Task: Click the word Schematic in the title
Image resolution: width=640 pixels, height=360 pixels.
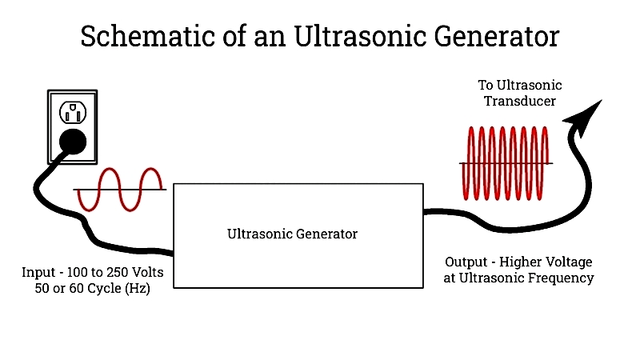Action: pyautogui.click(x=148, y=36)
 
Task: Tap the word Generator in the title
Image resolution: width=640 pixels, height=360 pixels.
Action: pyautogui.click(x=496, y=36)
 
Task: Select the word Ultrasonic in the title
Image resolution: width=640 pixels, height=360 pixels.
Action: pyautogui.click(x=361, y=36)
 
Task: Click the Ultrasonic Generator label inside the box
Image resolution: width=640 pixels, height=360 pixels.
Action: pyautogui.click(x=292, y=234)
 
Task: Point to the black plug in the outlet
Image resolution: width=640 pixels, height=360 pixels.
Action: pyautogui.click(x=73, y=142)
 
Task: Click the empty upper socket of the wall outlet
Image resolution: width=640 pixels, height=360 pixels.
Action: pyautogui.click(x=73, y=112)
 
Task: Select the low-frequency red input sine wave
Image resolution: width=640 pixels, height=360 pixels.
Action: pyautogui.click(x=120, y=190)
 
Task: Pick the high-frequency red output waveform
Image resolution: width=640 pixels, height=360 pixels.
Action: pyautogui.click(x=506, y=163)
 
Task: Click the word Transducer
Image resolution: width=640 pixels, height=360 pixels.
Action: pyautogui.click(x=519, y=101)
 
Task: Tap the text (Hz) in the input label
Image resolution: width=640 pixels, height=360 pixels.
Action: pyautogui.click(x=138, y=289)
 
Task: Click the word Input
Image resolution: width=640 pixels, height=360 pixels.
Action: pyautogui.click(x=38, y=272)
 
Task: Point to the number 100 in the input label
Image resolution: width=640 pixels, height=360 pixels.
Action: pyautogui.click(x=76, y=272)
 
